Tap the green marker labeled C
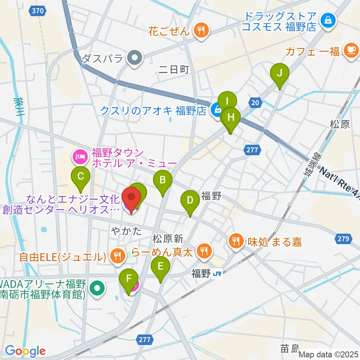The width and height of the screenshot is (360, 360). (x=81, y=177)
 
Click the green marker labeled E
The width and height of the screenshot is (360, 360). (x=160, y=267)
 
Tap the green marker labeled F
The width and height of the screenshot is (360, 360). (x=129, y=279)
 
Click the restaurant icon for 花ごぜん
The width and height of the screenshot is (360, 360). (x=201, y=30)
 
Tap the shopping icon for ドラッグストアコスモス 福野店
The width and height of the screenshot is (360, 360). (x=328, y=21)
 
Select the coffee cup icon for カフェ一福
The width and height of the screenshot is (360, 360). (x=351, y=51)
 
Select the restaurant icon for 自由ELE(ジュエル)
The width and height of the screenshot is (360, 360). (x=117, y=256)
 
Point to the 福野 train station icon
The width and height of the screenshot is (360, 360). (x=216, y=274)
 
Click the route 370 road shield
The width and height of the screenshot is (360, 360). (x=37, y=11)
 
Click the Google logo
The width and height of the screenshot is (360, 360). (x=25, y=351)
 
